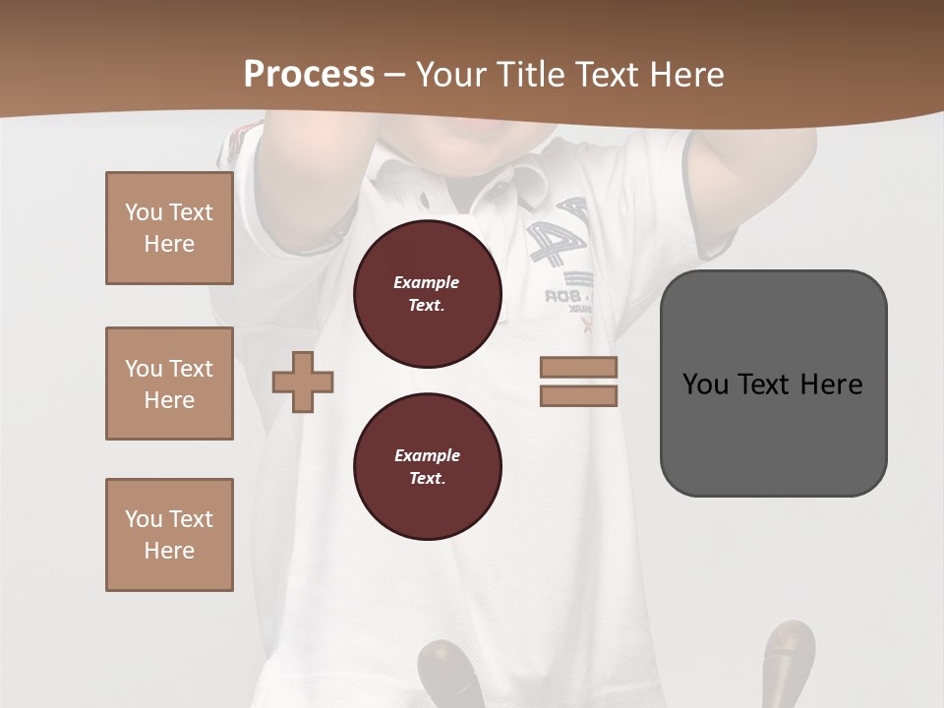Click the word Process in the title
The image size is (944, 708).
tap(309, 74)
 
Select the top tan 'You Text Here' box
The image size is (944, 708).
tap(169, 228)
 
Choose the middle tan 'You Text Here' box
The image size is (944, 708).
tap(169, 383)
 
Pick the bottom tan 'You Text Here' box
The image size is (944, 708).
tap(169, 535)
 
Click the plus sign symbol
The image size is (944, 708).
tap(303, 382)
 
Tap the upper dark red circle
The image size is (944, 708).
tap(428, 294)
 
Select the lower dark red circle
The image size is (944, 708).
tap(428, 467)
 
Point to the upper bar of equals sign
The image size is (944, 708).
tap(578, 367)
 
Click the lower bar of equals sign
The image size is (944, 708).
tap(578, 395)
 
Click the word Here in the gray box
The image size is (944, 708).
tap(831, 383)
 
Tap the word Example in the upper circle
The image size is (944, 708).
tap(427, 282)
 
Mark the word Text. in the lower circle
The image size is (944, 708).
tap(427, 479)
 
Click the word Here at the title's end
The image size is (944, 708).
tap(685, 74)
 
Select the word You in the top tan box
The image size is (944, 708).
tap(143, 212)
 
